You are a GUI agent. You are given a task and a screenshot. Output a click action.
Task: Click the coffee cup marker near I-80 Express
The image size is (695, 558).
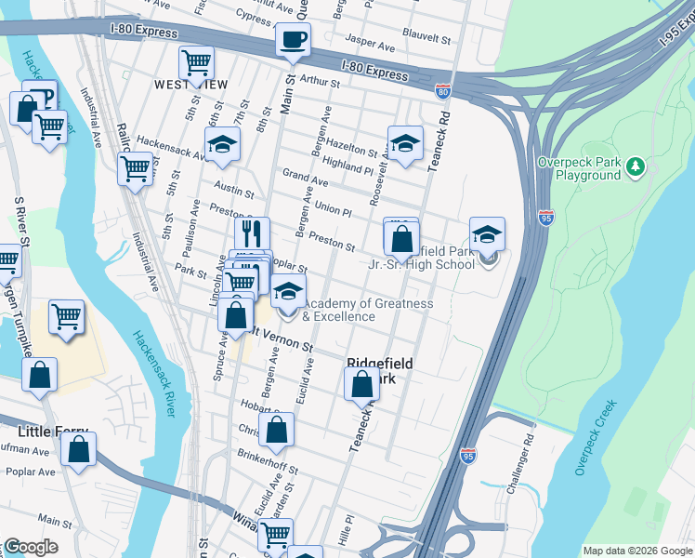point(293,41)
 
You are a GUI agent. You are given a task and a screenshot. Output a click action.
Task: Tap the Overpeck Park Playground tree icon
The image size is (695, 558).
point(636,166)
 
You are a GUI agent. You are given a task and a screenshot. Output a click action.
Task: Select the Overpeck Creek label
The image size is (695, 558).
point(596,438)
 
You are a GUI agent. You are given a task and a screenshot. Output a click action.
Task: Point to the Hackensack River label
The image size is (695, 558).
point(157,377)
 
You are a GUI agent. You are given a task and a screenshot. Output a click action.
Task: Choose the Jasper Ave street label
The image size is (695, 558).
point(371,40)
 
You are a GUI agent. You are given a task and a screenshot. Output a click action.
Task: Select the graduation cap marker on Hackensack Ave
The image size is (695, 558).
point(222,144)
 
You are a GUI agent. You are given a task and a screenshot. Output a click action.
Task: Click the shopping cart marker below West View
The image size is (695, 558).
point(196,63)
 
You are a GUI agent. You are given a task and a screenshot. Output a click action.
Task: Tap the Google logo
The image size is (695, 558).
point(31,547)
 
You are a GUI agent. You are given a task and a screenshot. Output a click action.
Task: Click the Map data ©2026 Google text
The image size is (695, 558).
point(636,551)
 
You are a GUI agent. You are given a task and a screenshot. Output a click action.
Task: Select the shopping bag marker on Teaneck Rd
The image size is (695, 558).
point(361,383)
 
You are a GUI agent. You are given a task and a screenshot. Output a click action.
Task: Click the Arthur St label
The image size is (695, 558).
point(320,82)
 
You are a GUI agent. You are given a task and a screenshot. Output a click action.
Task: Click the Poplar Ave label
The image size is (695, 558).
point(29,472)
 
